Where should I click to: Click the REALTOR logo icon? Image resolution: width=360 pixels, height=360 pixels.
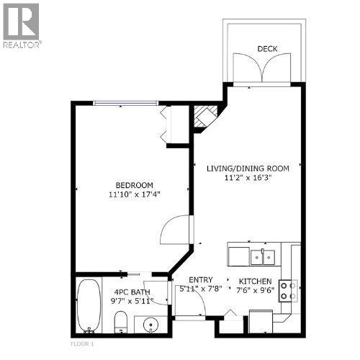point(21,22)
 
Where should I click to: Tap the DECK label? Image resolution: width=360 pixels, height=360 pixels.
point(267,49)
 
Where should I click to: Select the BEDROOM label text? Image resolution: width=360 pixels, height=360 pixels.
point(135,185)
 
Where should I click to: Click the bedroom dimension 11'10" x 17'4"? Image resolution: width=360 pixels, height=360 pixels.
point(135,194)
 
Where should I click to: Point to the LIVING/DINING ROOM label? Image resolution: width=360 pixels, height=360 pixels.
point(248,168)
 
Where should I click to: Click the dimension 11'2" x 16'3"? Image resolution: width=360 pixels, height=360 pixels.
point(248,178)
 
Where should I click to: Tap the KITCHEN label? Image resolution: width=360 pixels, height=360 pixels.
point(256,282)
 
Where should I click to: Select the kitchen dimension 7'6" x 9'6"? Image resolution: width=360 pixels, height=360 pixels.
point(256,290)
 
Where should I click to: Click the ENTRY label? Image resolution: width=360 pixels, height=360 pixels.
point(201,280)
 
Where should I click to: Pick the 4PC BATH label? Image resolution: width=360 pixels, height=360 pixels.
point(132,292)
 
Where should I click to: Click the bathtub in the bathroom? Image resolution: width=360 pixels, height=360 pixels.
point(89,305)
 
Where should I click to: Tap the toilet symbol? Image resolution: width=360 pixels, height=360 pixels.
point(120,322)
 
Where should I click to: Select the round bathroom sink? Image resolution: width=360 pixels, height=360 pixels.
point(150,325)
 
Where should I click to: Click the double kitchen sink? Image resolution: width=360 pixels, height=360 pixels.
point(263,257)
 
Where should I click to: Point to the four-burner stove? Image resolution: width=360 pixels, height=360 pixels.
point(288,291)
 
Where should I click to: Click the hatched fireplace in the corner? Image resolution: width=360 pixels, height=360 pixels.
point(204,117)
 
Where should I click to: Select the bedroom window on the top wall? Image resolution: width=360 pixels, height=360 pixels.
point(125,103)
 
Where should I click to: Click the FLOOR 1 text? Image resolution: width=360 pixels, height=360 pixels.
point(82,343)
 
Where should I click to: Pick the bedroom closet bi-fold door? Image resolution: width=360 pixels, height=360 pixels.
point(166,125)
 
